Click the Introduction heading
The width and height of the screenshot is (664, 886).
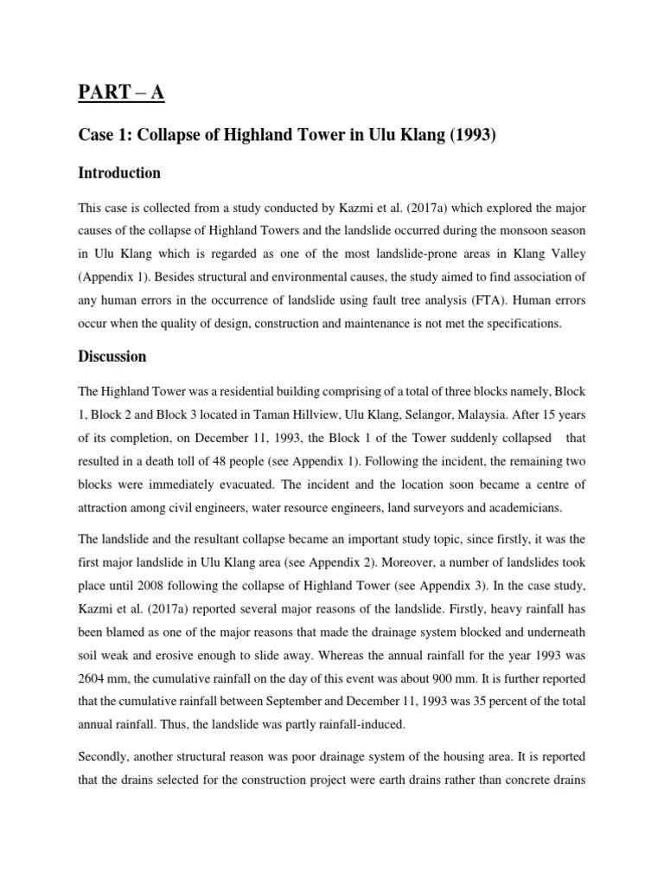coord(119,173)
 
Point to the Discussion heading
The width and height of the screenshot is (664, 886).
coord(113,356)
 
